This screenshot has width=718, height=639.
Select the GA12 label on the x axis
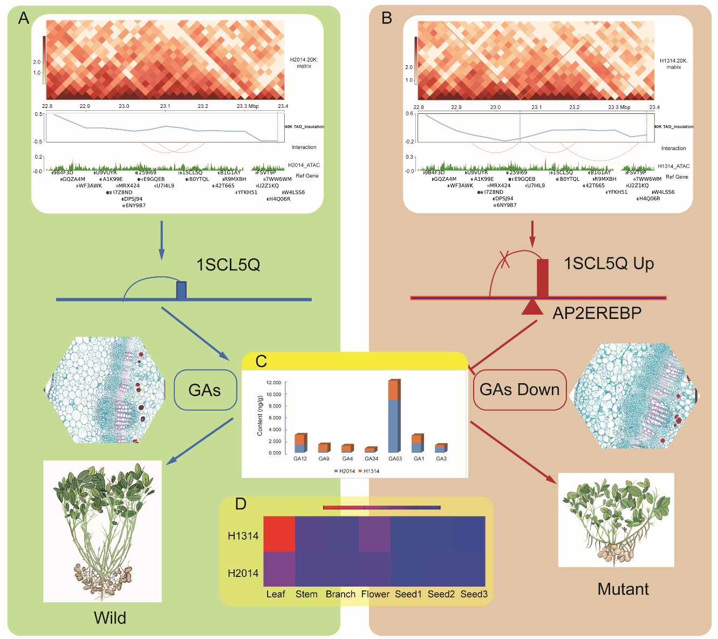[300, 459]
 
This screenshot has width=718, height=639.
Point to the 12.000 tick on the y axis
[274, 383]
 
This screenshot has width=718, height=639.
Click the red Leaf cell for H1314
[279, 534]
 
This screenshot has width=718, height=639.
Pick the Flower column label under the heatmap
[375, 594]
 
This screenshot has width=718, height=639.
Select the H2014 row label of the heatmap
[243, 573]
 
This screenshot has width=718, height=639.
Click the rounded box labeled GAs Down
[519, 390]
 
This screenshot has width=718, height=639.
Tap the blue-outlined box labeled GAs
[205, 390]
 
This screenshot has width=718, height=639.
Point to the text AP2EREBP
[597, 313]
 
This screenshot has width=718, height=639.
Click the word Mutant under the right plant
[623, 589]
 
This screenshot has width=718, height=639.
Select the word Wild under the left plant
[110, 618]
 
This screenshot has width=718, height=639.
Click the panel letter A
[24, 18]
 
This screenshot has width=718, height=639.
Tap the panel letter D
[241, 504]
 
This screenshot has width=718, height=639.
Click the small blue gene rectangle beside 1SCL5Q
[182, 290]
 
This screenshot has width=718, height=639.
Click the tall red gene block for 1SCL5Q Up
[542, 278]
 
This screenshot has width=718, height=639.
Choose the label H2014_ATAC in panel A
[304, 165]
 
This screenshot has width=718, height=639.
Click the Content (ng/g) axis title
[260, 416]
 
